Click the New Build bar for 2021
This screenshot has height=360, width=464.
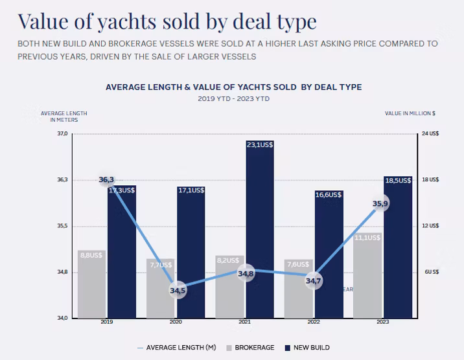pyautogui.click(x=259, y=233)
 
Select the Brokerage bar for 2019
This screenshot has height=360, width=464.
pyautogui.click(x=91, y=288)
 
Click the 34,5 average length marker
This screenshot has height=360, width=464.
pyautogui.click(x=178, y=291)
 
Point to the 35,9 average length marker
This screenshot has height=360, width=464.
pyautogui.click(x=380, y=204)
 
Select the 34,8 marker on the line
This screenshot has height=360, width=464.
pyautogui.click(x=246, y=274)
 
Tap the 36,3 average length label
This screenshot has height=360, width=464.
pyautogui.click(x=106, y=179)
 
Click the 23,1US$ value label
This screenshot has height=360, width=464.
pyautogui.click(x=260, y=145)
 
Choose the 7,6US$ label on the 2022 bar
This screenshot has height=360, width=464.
pyautogui.click(x=298, y=264)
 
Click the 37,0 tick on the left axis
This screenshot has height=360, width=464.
pyautogui.click(x=62, y=134)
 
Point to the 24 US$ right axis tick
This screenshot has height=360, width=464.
pyautogui.click(x=430, y=134)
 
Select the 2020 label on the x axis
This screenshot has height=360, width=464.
pyautogui.click(x=174, y=322)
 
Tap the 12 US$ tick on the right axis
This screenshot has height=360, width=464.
pyautogui.click(x=430, y=226)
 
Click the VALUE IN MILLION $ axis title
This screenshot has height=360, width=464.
pyautogui.click(x=410, y=113)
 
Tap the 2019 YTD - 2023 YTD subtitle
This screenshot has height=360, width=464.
pyautogui.click(x=233, y=99)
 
